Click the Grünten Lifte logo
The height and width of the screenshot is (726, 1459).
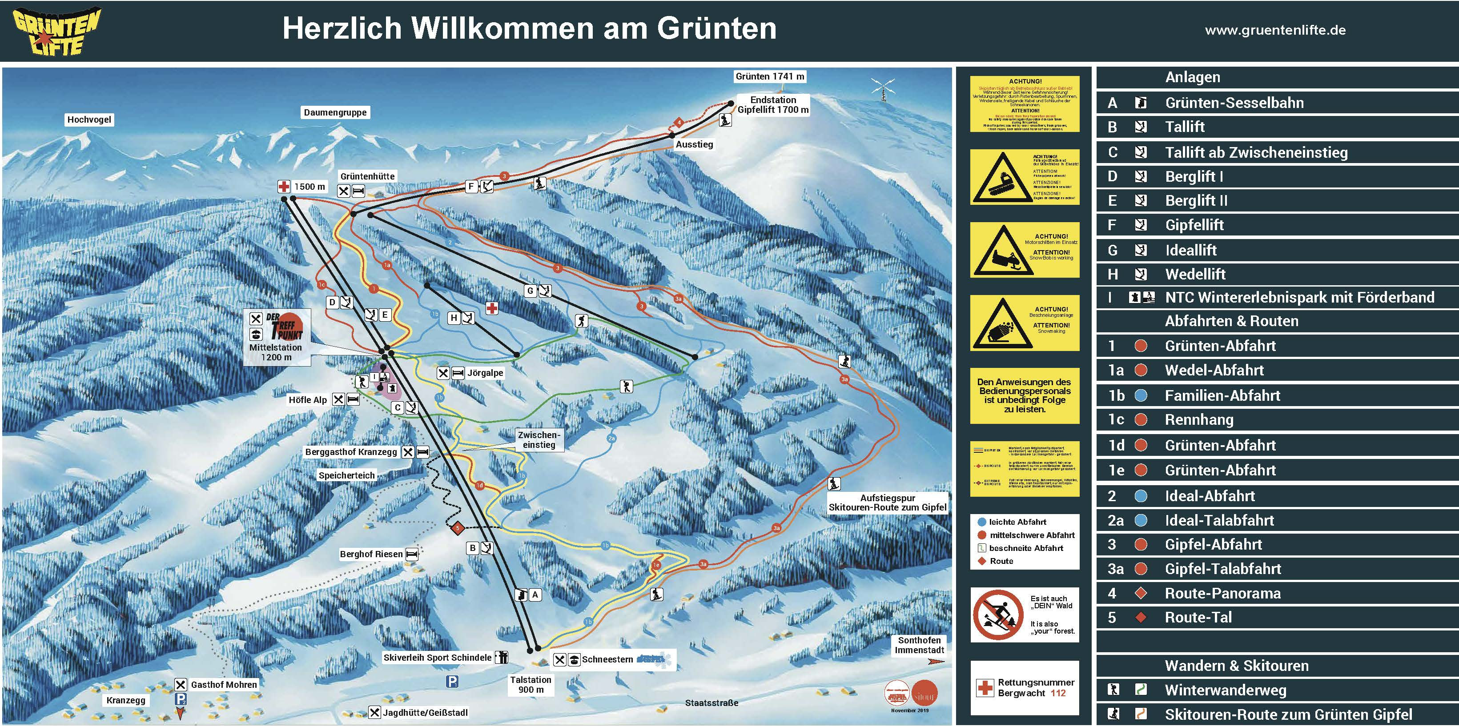(56, 32)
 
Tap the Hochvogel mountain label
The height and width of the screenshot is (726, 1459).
(89, 120)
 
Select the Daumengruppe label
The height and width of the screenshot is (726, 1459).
(335, 112)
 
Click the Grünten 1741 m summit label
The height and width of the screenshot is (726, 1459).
(769, 76)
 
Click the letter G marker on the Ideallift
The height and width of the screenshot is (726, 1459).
(530, 291)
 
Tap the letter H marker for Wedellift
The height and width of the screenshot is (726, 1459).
(454, 318)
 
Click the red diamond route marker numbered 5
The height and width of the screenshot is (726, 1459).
(458, 529)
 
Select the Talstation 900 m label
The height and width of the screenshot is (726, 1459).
(530, 684)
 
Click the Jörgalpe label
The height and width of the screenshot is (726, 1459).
(485, 373)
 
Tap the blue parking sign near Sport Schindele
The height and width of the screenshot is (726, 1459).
(452, 681)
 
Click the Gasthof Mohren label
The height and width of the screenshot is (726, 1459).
(223, 685)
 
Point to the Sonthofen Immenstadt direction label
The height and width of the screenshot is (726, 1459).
(919, 645)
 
